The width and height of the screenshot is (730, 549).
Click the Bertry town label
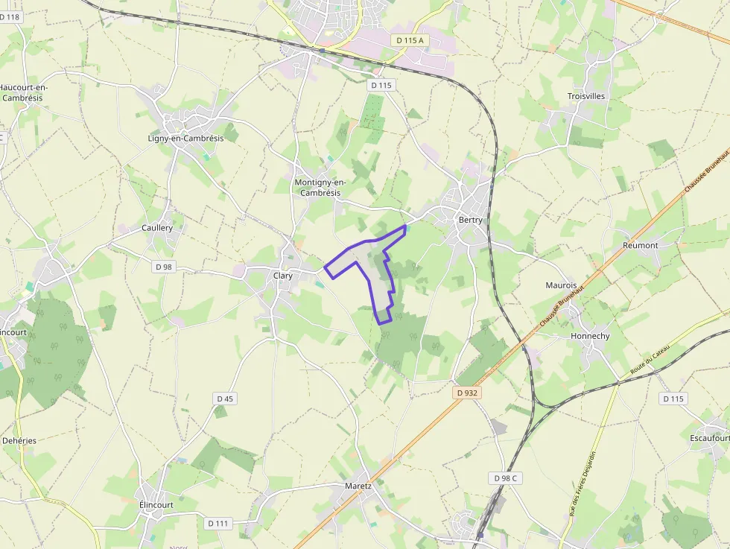[470, 220]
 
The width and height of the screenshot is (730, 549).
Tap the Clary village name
[282, 276]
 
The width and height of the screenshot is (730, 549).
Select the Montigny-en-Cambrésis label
[320, 188]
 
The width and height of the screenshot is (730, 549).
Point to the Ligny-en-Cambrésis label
[185, 139]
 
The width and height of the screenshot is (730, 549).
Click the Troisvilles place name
[585, 96]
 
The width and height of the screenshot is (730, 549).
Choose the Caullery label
[157, 228]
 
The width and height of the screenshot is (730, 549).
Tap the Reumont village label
[640, 245]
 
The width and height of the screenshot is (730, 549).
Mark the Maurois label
[561, 285]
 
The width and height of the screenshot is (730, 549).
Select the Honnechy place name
[590, 336]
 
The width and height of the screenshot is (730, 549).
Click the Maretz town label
[358, 486]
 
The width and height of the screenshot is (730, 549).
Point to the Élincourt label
[156, 504]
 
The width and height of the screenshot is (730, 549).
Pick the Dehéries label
[19, 440]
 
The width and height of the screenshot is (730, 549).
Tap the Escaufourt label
[709, 437]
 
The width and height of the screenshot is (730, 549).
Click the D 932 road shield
[466, 393]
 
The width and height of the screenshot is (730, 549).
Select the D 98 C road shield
[504, 477]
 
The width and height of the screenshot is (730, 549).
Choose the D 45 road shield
[225, 399]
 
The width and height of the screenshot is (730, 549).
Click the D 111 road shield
[218, 523]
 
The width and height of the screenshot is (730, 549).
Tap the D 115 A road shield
[410, 40]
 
